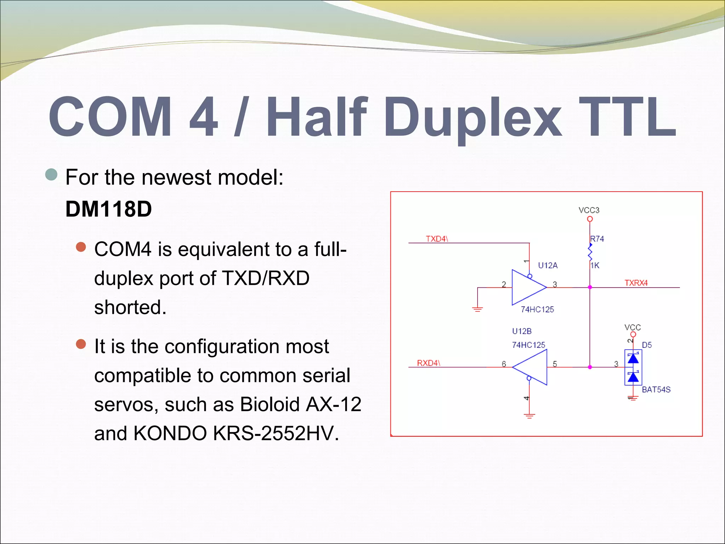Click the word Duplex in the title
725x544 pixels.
point(473,118)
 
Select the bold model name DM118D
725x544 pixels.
point(109,209)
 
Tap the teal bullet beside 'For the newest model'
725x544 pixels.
point(52,175)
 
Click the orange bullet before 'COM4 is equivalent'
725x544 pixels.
point(81,247)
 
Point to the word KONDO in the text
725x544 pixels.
point(170,433)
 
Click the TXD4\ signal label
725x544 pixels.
point(436,239)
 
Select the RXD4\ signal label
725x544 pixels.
point(428,363)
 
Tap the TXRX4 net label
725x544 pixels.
point(636,283)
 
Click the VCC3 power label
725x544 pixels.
point(589,210)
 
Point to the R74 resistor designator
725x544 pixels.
point(597,239)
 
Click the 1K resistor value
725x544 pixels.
point(595,265)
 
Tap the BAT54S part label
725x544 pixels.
point(656,390)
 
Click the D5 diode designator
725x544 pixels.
point(646,345)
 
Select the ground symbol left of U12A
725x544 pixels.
point(477,309)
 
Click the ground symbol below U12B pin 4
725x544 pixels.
point(529,416)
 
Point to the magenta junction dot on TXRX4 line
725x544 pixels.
point(590,287)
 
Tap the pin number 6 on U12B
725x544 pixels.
point(504,364)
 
